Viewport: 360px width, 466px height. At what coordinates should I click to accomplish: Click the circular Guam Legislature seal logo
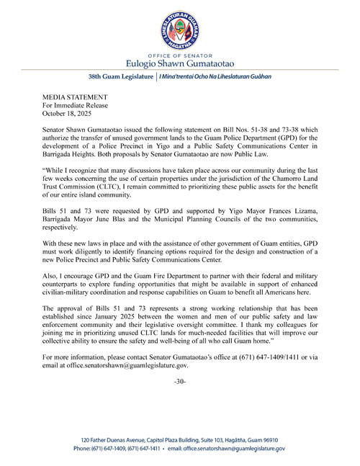[179, 29]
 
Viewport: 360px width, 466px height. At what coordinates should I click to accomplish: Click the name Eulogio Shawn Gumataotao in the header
[179, 62]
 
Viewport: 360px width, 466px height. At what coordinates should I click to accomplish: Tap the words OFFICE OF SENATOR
[179, 54]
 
